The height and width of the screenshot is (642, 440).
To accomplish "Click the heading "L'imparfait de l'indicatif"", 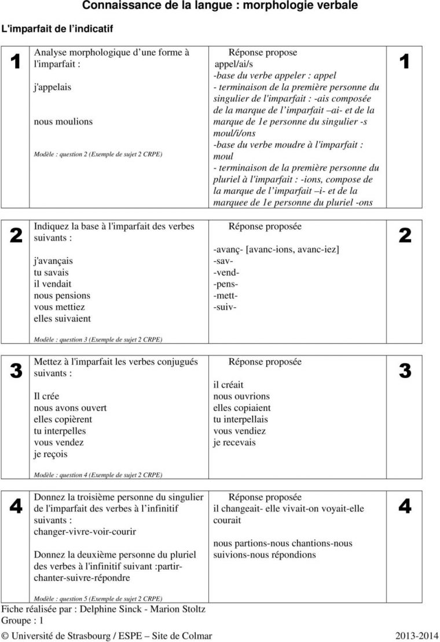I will [x=57, y=28].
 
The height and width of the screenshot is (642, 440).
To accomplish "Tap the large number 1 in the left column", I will [x=16, y=61].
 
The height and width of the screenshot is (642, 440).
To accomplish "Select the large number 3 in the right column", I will [x=405, y=370].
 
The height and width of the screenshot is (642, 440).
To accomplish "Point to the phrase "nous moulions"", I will [x=63, y=122].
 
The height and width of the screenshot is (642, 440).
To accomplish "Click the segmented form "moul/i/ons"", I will [x=234, y=133].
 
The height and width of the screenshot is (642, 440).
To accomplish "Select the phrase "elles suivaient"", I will [x=63, y=318].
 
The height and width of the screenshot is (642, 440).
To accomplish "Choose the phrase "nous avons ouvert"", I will [x=70, y=408].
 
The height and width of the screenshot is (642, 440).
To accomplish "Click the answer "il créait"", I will [x=228, y=385].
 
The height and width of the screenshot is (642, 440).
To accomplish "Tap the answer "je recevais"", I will [x=234, y=443].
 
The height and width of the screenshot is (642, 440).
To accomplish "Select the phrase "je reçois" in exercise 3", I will [x=50, y=454].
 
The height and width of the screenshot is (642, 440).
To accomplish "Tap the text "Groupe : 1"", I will [x=23, y=620].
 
